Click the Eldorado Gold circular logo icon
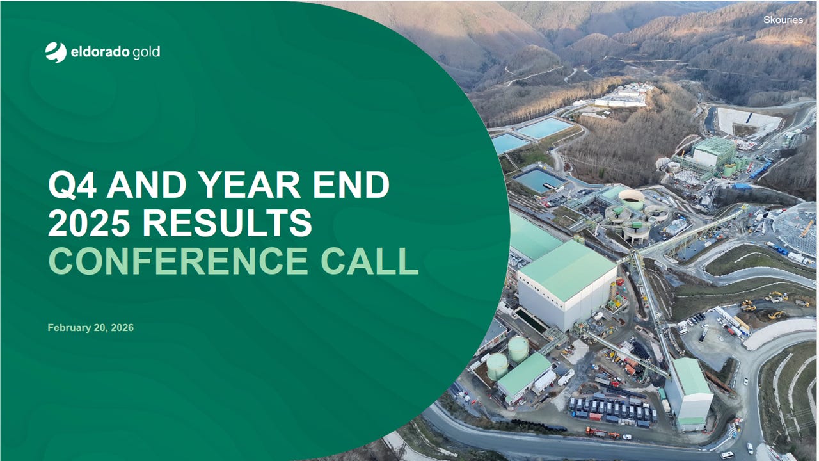click(56, 52)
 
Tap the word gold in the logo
click(146, 53)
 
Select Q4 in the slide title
click(73, 185)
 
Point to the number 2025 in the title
click(90, 223)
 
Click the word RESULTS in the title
click(227, 223)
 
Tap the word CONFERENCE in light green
click(173, 261)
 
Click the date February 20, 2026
click(90, 328)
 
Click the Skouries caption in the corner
click(783, 20)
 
